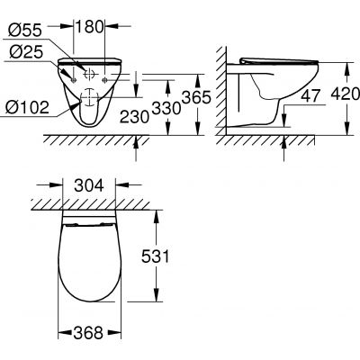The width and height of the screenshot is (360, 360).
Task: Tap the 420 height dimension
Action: (344, 92)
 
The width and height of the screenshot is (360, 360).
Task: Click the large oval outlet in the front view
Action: (90, 105)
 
